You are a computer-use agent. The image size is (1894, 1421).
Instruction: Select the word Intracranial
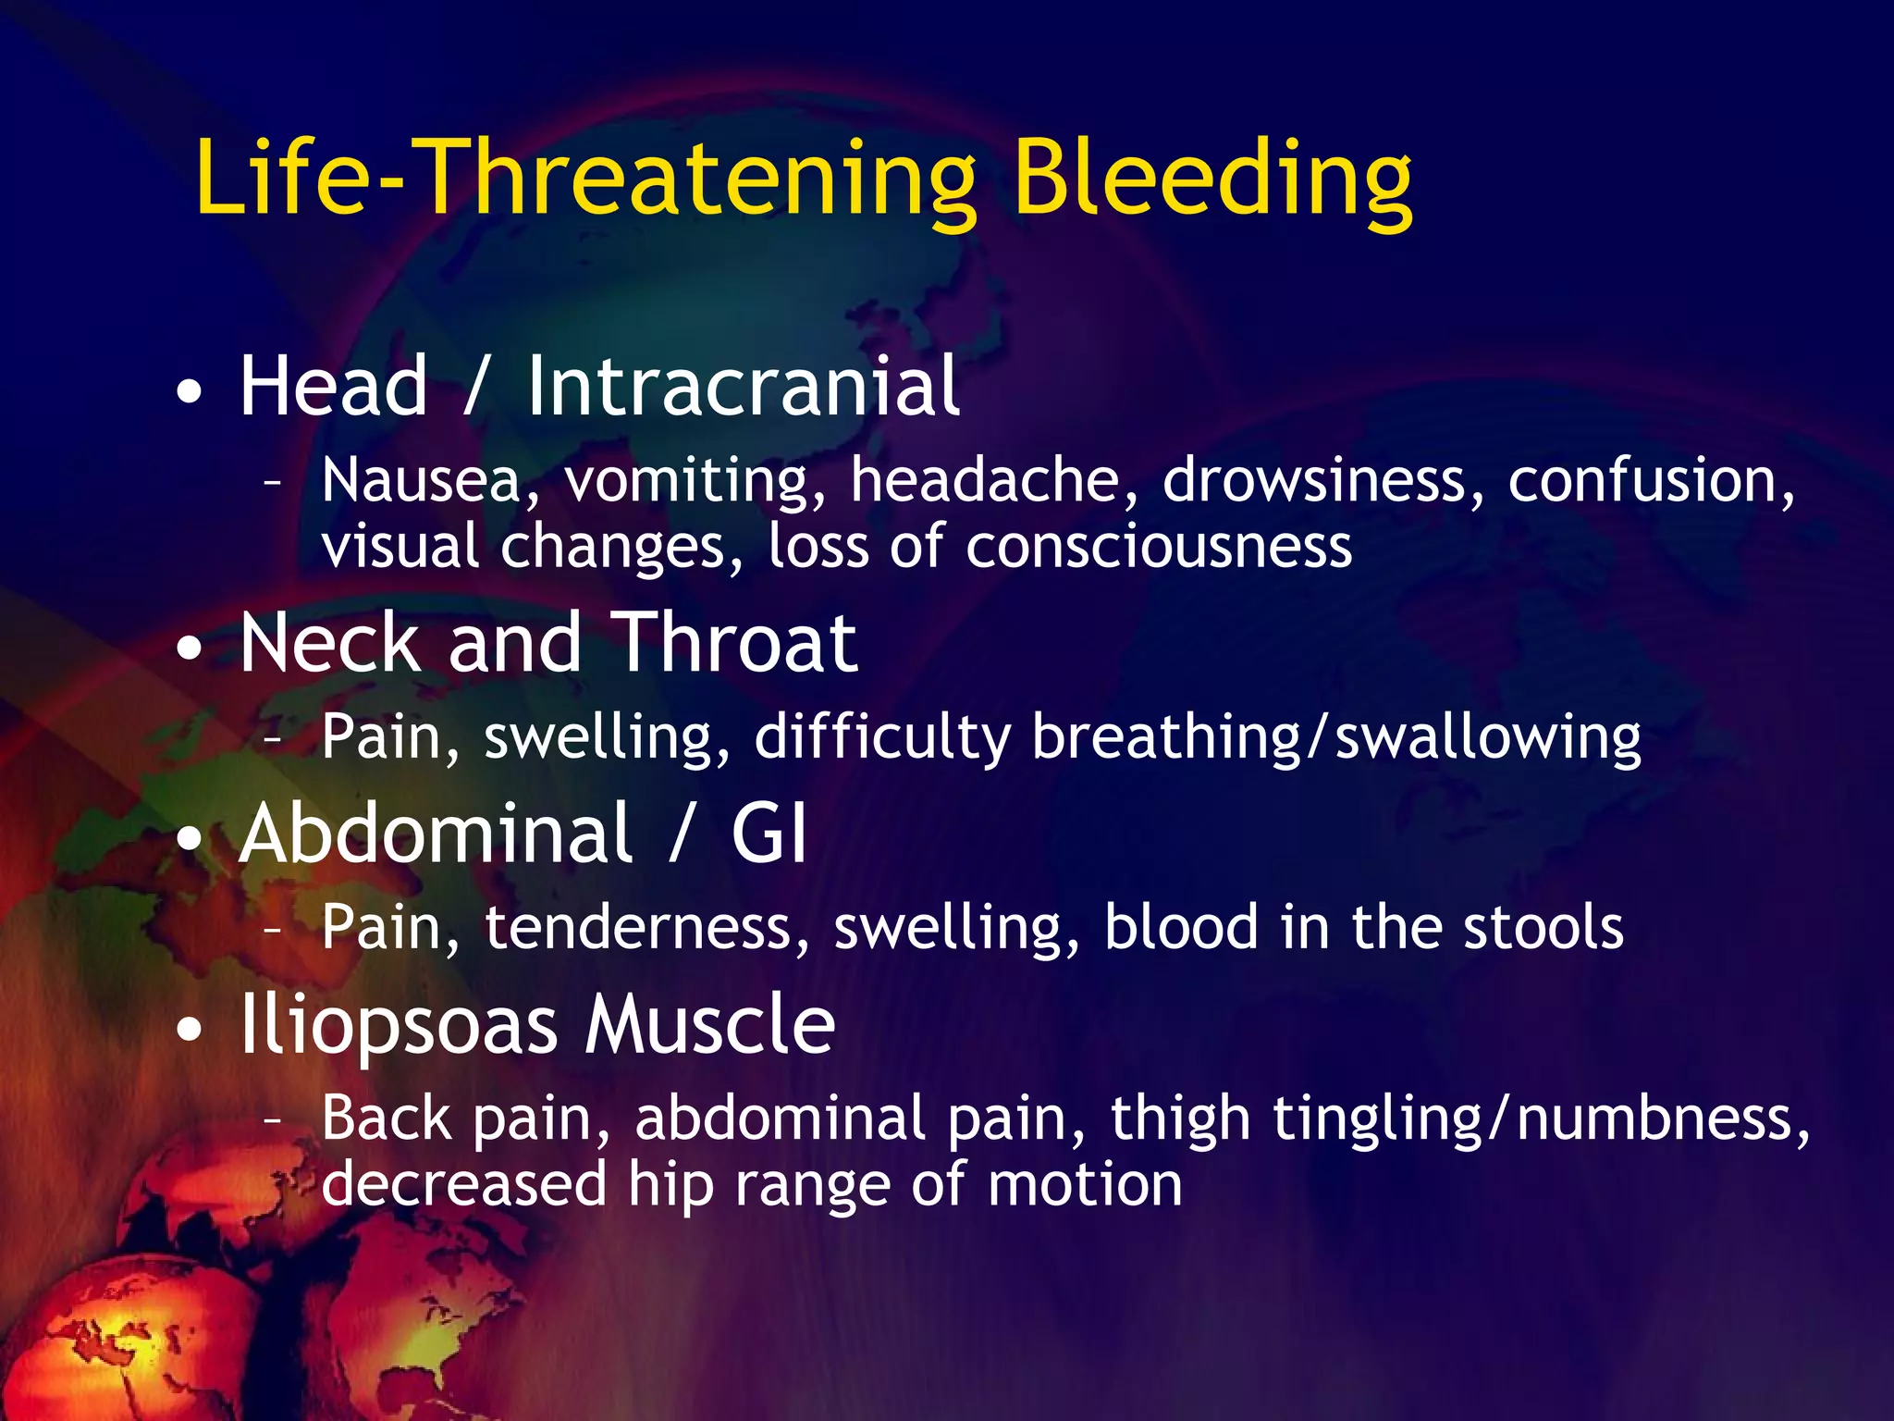(x=744, y=388)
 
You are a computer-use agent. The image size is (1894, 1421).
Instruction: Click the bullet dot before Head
(x=189, y=393)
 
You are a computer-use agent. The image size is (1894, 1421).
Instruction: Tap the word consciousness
(x=1159, y=546)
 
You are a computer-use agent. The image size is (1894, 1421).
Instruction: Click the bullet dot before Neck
(x=189, y=649)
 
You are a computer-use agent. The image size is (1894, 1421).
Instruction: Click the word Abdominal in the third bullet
(x=436, y=834)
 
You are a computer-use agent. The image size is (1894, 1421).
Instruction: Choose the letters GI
(x=769, y=834)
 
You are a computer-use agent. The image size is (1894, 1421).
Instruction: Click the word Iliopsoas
(x=399, y=1027)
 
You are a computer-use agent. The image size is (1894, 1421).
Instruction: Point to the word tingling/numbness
(x=1540, y=1120)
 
